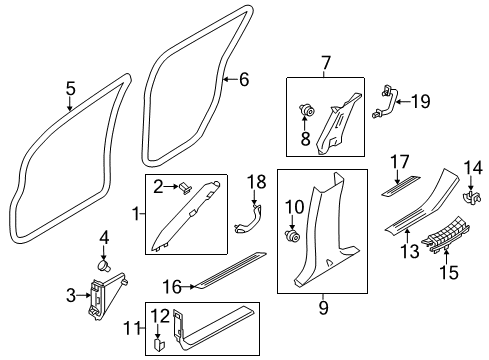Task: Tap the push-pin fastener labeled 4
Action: [103, 268]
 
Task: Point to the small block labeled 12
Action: [161, 342]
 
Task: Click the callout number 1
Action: [137, 213]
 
